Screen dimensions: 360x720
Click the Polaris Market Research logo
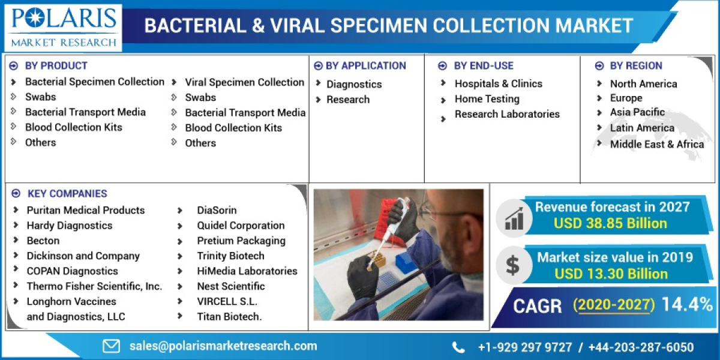pyautogui.click(x=62, y=27)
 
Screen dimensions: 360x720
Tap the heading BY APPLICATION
pyautogui.click(x=365, y=66)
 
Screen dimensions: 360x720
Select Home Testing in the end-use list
pyautogui.click(x=487, y=99)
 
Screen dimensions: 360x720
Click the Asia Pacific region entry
pyautogui.click(x=637, y=112)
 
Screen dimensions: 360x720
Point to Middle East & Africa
pyautogui.click(x=657, y=144)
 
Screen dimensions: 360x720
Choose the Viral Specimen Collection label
pyautogui.click(x=244, y=82)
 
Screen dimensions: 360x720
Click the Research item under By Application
pyautogui.click(x=348, y=100)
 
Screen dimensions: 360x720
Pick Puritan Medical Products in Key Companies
pyautogui.click(x=86, y=211)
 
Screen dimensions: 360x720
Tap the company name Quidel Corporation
pyautogui.click(x=241, y=226)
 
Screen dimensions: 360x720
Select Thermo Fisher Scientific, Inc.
pyautogui.click(x=94, y=286)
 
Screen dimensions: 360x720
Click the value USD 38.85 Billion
pyautogui.click(x=611, y=224)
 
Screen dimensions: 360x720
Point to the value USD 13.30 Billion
pyautogui.click(x=611, y=274)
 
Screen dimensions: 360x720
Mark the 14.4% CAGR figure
pyautogui.click(x=686, y=305)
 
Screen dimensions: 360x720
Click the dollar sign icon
pyautogui.click(x=512, y=266)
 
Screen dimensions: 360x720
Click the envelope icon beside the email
pyautogui.click(x=112, y=346)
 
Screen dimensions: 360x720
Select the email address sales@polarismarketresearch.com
pyautogui.click(x=223, y=346)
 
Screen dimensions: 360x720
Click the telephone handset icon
pyautogui.click(x=458, y=347)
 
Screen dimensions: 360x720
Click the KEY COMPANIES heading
pyautogui.click(x=67, y=194)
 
